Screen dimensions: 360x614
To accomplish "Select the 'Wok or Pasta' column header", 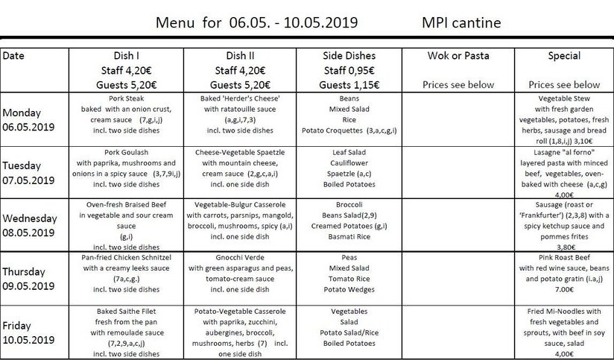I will pos(458,56).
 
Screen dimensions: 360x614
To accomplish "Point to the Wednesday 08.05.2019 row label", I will pos(30,225).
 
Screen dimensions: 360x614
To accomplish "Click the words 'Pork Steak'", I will pos(126,98).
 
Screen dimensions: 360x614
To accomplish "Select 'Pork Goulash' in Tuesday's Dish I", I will pos(126,151).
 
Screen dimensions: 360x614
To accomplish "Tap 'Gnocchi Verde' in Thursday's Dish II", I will pos(239,257).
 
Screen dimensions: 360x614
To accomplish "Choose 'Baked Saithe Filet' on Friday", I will pos(126,311).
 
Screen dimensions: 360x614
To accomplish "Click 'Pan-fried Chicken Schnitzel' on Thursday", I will pos(126,257).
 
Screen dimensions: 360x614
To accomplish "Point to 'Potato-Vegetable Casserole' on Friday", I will pos(239,311).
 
